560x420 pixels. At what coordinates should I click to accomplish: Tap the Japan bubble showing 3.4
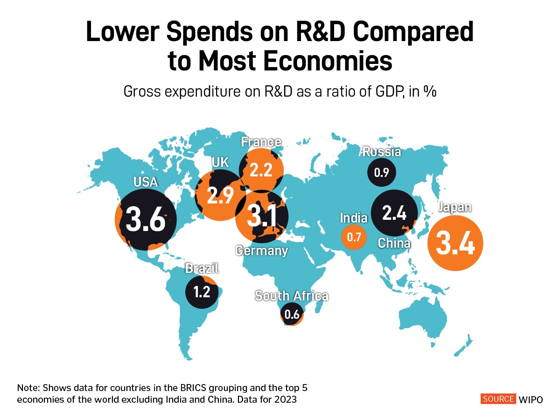point(455,243)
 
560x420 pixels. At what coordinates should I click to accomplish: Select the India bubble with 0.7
point(354,237)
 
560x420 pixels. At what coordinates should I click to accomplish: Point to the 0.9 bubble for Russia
point(381,172)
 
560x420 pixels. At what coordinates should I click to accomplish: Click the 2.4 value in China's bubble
point(394,213)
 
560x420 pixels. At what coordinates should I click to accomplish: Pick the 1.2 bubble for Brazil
point(202,292)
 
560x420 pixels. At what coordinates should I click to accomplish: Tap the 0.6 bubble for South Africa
point(292,314)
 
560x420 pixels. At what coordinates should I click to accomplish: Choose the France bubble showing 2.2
point(261,170)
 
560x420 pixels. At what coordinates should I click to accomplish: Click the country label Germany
point(261,251)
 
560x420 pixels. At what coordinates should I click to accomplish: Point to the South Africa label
point(291,296)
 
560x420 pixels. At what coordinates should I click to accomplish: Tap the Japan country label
point(455,207)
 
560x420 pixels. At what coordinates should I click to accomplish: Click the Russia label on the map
point(382,152)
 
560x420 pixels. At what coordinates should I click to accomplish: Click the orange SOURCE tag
point(498,399)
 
